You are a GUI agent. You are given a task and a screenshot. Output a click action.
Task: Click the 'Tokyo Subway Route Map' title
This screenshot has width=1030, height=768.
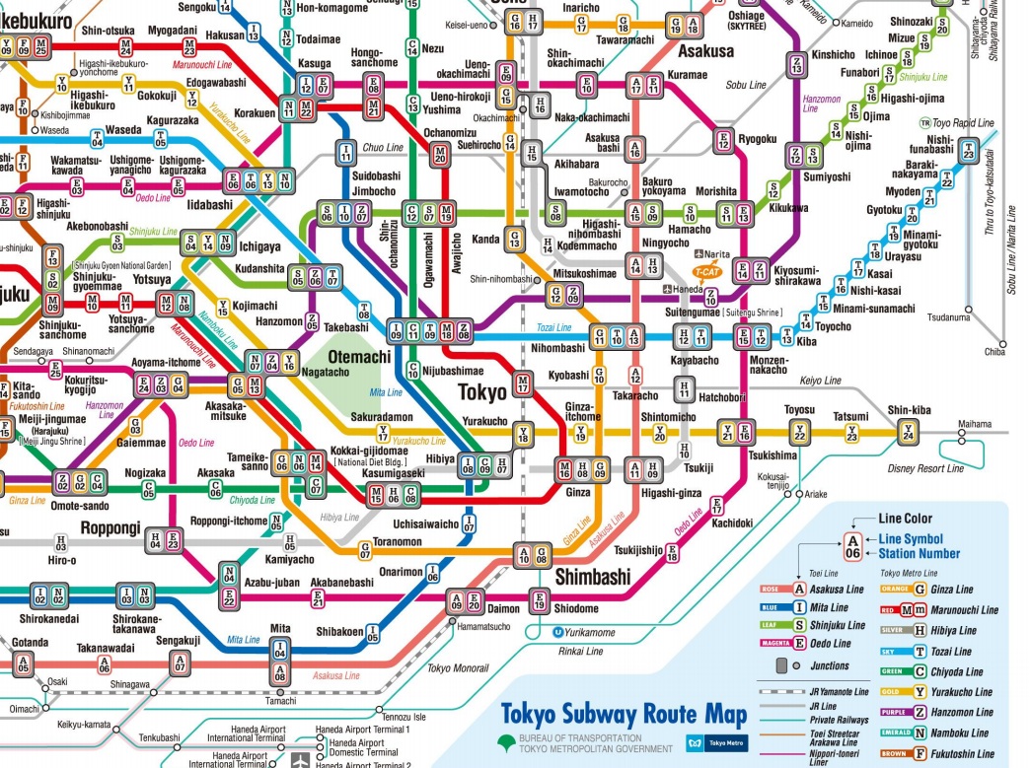click(x=624, y=714)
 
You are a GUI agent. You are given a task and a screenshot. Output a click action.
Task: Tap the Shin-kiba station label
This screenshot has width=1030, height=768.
click(x=908, y=410)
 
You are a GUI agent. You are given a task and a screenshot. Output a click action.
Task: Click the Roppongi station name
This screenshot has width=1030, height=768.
click(x=110, y=527)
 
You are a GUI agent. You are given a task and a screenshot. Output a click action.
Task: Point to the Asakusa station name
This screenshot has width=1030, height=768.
click(x=702, y=50)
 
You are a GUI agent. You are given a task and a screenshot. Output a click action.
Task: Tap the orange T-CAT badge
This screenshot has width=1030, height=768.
click(x=705, y=270)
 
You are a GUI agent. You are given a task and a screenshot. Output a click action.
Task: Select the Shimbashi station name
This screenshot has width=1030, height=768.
click(x=592, y=577)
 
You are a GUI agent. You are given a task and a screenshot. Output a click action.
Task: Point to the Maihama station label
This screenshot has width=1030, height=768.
click(x=975, y=425)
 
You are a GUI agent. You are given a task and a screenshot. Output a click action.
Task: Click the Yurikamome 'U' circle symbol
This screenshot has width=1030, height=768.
click(x=558, y=632)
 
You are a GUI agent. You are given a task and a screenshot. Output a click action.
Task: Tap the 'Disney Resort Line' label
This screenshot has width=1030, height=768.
click(x=925, y=468)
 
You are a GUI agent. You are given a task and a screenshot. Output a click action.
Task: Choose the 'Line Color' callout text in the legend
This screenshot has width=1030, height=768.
click(x=905, y=519)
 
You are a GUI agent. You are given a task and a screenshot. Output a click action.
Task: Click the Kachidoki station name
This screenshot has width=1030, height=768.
click(x=731, y=524)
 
